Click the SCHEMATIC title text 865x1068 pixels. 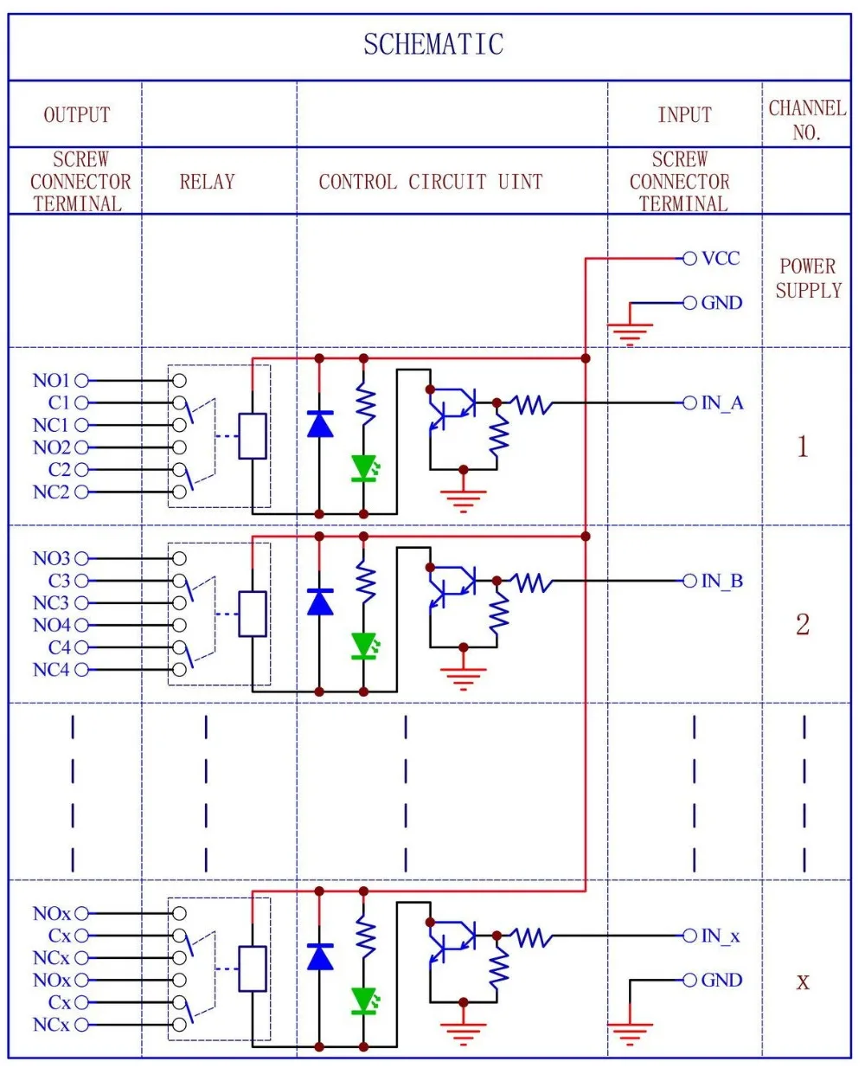[x=432, y=44]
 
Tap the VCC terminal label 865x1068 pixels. [x=721, y=258]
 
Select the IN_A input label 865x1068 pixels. [x=722, y=402]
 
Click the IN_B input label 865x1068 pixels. [x=722, y=581]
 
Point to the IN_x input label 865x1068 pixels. [x=721, y=936]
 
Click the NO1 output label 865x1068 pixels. [x=51, y=380]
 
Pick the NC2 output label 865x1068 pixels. [x=51, y=492]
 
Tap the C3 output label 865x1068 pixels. [x=59, y=581]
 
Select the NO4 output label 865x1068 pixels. [x=51, y=625]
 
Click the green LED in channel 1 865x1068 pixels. [x=364, y=468]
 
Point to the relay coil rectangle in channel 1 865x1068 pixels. [x=253, y=436]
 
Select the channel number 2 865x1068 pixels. [x=803, y=624]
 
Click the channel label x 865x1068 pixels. [x=803, y=981]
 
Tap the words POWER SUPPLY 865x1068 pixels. [x=808, y=278]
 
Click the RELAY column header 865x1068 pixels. [x=207, y=182]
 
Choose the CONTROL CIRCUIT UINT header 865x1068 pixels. [x=431, y=182]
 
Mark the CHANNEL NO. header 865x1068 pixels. [x=806, y=119]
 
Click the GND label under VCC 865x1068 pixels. [x=721, y=303]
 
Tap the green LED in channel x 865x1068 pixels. [x=364, y=1000]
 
